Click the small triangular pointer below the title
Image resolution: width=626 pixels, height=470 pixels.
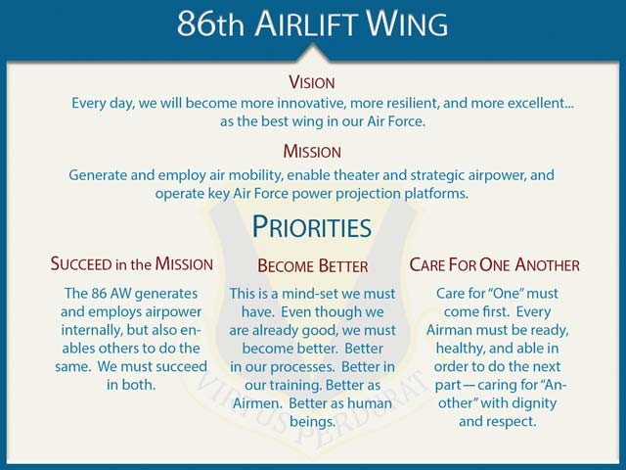click(x=312, y=53)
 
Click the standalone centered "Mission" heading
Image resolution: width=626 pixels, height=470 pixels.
click(x=312, y=152)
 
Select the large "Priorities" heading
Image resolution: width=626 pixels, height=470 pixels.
click(x=312, y=227)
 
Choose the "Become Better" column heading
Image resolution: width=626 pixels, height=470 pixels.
click(x=312, y=266)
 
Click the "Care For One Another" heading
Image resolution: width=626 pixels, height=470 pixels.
click(x=494, y=265)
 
